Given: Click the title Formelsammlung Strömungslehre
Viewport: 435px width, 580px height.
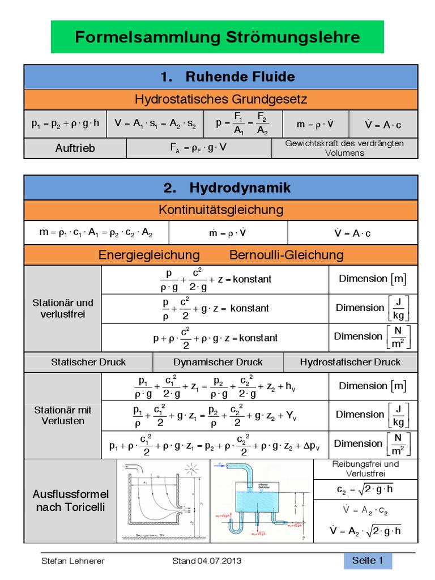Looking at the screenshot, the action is (x=217, y=37).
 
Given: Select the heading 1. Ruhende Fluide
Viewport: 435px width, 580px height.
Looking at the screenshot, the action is (x=220, y=76).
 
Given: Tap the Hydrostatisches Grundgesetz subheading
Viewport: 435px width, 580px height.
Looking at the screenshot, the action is (x=220, y=100).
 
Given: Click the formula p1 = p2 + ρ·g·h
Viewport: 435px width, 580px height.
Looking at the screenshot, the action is (x=66, y=123).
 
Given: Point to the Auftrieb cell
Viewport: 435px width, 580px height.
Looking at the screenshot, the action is (x=75, y=148).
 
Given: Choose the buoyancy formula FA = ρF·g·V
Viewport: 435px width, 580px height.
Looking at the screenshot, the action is (x=199, y=148).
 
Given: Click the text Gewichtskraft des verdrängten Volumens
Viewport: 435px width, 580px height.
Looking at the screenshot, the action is (x=344, y=148).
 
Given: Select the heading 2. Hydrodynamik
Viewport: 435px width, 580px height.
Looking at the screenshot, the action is (x=220, y=187).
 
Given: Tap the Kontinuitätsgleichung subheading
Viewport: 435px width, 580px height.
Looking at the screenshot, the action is (x=220, y=210).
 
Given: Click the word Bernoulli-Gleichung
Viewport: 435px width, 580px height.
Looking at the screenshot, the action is (x=286, y=255).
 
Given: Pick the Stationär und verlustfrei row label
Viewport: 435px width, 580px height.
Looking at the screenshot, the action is (x=63, y=308).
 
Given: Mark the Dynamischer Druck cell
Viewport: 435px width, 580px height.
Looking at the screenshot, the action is (x=218, y=362).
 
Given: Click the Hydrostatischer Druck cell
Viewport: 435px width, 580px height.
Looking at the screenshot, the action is (x=350, y=362).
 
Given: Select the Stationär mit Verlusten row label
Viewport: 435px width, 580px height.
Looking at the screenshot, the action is (x=63, y=415).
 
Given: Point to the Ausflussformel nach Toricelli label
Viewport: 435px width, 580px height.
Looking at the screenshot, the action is (x=70, y=500).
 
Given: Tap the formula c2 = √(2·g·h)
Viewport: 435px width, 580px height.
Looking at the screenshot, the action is (x=365, y=489).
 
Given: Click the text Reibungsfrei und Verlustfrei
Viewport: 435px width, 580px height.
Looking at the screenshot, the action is (x=365, y=468).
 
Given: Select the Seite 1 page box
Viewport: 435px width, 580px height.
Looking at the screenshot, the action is (x=368, y=561).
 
